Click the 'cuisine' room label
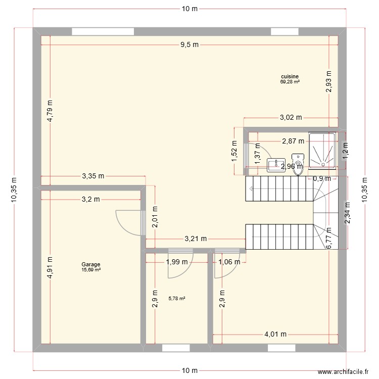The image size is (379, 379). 290,76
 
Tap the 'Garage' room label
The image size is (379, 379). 90,264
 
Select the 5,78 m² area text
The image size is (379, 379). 177,299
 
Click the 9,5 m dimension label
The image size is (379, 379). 189,44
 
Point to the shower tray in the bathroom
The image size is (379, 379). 322,151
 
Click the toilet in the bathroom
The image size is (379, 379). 298,164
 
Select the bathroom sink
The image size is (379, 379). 276,165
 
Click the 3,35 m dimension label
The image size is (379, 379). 93,176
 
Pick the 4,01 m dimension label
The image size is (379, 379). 275,335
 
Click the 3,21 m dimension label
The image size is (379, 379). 196,239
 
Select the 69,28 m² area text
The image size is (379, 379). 290,82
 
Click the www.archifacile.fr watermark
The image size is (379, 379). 343,371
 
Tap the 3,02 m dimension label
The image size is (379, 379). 291,117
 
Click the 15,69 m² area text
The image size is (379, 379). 91,270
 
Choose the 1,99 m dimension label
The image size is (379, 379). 177,262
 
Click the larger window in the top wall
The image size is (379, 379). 103,32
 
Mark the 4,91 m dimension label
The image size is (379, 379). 50,267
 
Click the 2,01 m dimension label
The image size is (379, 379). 155,217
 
